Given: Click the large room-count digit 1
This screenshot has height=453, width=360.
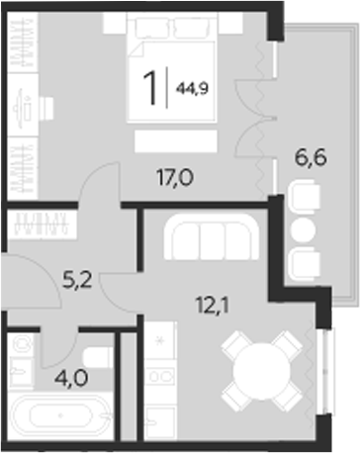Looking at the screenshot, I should coord(150,88).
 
